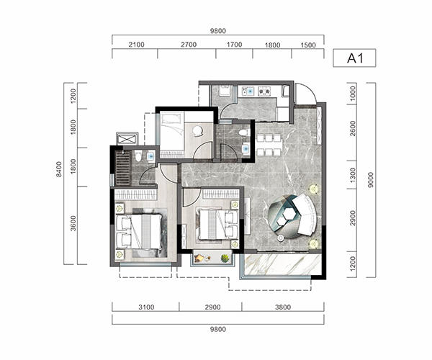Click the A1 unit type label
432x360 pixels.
[355, 58]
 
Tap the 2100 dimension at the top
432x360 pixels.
[136, 45]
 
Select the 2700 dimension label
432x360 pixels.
[189, 45]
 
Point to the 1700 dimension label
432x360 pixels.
[234, 45]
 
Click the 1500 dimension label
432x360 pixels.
[308, 45]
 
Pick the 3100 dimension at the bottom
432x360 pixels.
[146, 307]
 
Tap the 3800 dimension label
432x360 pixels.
[283, 307]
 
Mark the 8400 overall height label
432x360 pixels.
[59, 169]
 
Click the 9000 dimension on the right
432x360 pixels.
[371, 180]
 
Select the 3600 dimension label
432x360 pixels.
[73, 223]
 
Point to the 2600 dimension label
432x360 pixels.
[353, 129]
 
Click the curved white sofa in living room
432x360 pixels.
[305, 215]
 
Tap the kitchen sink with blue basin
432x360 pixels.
[249, 91]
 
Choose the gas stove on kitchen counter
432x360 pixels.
[265, 91]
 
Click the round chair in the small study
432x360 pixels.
[198, 131]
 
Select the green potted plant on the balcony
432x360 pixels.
[225, 258]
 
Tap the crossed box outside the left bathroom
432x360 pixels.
[127, 138]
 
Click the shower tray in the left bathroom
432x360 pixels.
[122, 168]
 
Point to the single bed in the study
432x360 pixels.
[173, 135]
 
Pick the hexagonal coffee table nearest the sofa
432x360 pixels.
[289, 212]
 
